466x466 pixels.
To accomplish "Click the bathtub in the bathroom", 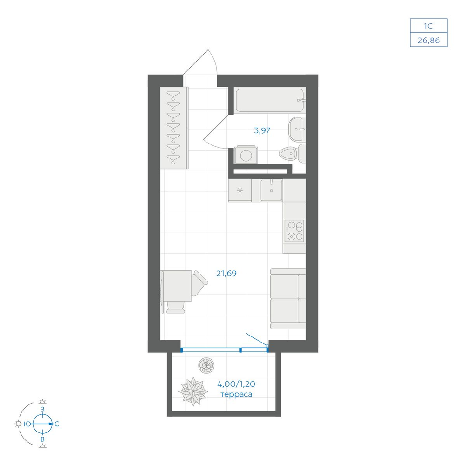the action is [270, 100].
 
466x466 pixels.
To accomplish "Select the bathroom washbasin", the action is [296, 129].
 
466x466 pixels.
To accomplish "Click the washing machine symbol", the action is [246, 155].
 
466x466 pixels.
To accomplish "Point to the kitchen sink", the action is [271, 190].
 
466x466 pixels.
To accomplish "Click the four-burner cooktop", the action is [294, 231].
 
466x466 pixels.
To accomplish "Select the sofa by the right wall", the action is [288, 298].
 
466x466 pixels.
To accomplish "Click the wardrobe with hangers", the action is [174, 128].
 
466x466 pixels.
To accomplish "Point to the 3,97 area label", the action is [262, 130].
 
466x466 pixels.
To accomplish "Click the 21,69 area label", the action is [226, 274].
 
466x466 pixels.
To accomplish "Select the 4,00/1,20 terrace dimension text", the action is [236, 384].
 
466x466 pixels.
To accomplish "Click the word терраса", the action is [236, 394].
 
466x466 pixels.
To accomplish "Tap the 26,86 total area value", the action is [429, 41].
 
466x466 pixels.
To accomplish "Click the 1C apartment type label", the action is [429, 26].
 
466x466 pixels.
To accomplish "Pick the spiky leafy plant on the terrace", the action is [193, 391].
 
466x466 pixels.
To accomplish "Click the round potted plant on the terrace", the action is [206, 365].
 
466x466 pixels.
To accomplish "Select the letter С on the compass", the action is [57, 424].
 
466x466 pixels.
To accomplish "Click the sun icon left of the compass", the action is [19, 424].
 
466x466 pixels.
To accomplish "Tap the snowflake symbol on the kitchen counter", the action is [240, 191].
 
